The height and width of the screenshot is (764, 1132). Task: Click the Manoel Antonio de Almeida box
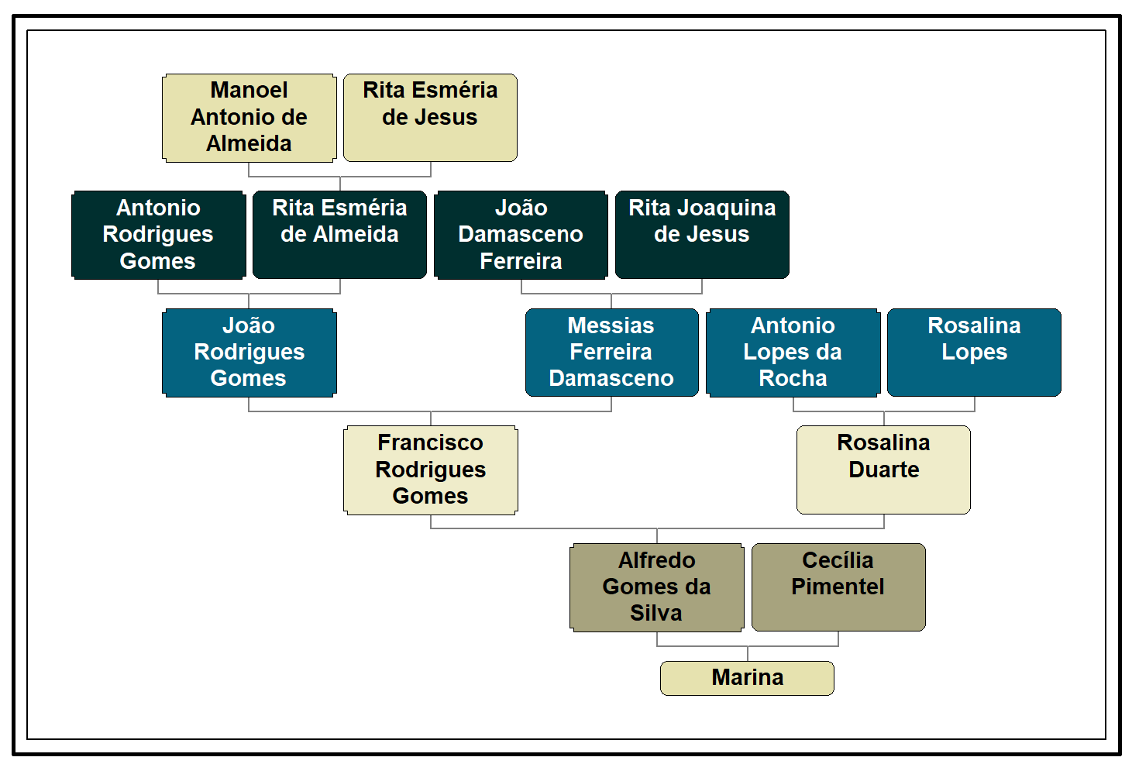pyautogui.click(x=249, y=118)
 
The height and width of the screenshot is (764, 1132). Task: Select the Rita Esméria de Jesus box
pyautogui.click(x=430, y=118)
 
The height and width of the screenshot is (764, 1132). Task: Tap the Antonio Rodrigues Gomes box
pyautogui.click(x=158, y=235)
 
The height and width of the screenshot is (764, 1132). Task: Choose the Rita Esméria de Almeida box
pyautogui.click(x=339, y=235)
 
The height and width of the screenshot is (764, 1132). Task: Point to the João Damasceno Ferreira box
pyautogui.click(x=521, y=235)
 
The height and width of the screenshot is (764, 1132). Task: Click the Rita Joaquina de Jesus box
pyautogui.click(x=702, y=235)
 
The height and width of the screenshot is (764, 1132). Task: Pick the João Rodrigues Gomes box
pyautogui.click(x=249, y=353)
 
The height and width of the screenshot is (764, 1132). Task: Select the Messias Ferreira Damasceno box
pyautogui.click(x=611, y=353)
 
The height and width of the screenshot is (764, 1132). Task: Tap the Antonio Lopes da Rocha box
pyautogui.click(x=793, y=353)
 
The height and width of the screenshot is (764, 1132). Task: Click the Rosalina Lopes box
pyautogui.click(x=974, y=353)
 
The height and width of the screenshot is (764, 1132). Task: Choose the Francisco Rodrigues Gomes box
pyautogui.click(x=430, y=470)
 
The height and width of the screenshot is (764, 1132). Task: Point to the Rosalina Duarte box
pyautogui.click(x=883, y=470)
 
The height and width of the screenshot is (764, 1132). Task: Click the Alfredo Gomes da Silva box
pyautogui.click(x=656, y=587)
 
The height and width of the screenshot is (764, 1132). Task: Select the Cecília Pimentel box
pyautogui.click(x=838, y=587)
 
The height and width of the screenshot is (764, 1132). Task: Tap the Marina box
pyautogui.click(x=747, y=678)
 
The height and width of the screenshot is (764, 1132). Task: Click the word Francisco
pyautogui.click(x=430, y=442)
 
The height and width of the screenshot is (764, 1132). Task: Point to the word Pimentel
pyautogui.click(x=838, y=587)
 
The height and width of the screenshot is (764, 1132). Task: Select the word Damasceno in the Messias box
pyautogui.click(x=611, y=378)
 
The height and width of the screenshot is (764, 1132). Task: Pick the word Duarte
pyautogui.click(x=884, y=470)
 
